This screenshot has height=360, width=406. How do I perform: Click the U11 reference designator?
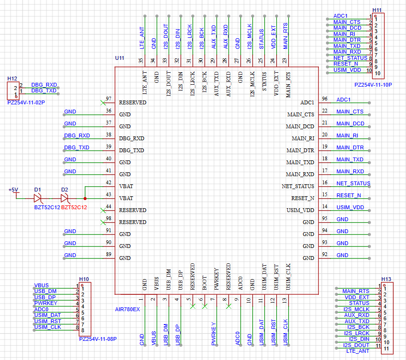pos(120,58)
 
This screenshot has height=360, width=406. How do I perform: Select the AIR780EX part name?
pos(127,310)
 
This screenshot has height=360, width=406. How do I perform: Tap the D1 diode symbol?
pos(38,199)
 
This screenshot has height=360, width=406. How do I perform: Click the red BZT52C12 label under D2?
pos(74,207)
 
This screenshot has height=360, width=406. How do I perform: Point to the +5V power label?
pos(13,190)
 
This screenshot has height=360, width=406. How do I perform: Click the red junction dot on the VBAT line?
pos(85,199)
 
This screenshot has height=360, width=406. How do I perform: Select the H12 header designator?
pos(12,79)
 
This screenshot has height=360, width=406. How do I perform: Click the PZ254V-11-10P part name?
pos(373,85)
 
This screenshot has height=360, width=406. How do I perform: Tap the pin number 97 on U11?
pos(109,99)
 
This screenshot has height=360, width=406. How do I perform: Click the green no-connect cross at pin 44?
pos(103,211)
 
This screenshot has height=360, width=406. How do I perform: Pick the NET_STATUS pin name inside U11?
pos(298,187)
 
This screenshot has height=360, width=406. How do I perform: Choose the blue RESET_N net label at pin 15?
pos(349,195)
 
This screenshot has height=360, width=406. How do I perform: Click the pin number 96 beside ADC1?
pos(325,99)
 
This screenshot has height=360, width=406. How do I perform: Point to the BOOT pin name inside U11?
pos(204,283)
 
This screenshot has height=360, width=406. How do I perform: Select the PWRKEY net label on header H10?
pos(46,304)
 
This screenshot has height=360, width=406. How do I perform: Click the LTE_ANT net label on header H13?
pos(358,351)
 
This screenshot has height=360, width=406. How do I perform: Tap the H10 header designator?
pos(84,279)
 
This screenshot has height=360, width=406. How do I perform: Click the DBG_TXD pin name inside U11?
pos(132,150)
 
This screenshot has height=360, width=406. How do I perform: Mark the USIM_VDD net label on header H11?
pos(347,70)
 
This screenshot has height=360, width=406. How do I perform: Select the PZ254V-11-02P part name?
pos(26,102)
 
